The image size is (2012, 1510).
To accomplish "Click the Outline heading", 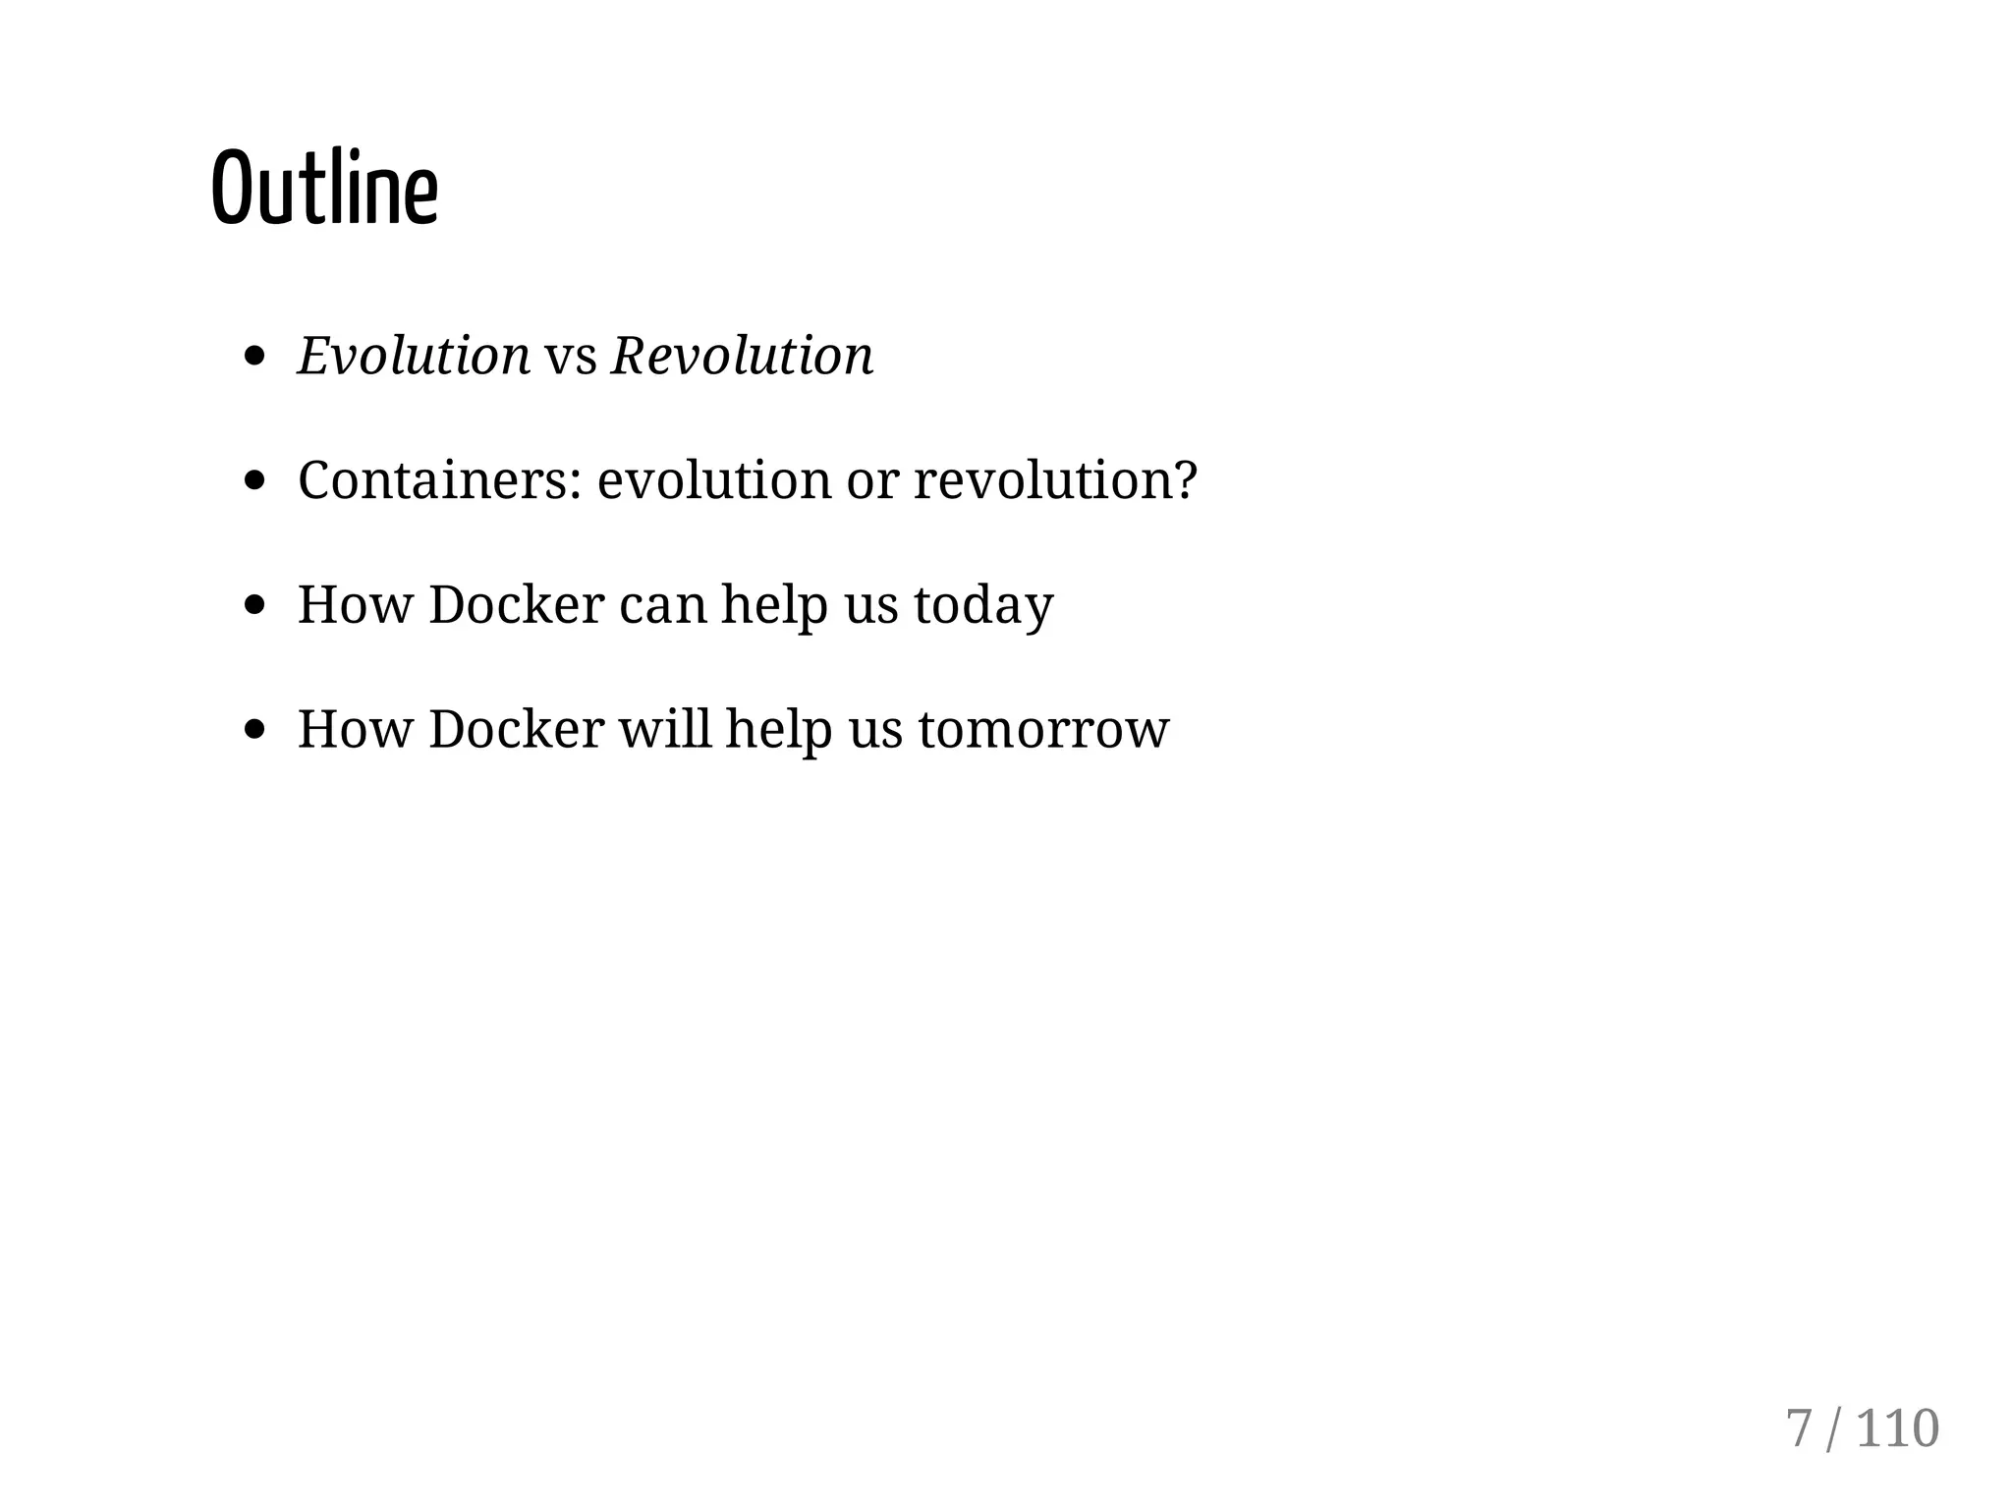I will (x=324, y=188).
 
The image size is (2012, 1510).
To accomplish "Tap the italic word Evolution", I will (x=414, y=356).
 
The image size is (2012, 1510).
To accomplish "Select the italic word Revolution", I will (x=742, y=356).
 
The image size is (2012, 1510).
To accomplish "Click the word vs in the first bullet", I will (x=571, y=358).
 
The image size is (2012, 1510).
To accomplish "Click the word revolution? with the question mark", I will (x=1055, y=480).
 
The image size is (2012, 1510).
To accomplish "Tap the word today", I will (x=983, y=605).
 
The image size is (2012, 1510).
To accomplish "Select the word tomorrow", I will (x=1043, y=730).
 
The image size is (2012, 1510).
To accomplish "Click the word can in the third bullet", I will (x=663, y=606).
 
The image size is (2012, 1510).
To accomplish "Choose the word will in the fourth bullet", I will (x=664, y=729).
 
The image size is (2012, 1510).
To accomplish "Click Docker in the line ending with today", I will (x=516, y=604).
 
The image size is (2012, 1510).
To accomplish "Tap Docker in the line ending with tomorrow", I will (x=516, y=729).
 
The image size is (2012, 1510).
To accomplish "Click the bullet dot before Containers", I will (x=255, y=480).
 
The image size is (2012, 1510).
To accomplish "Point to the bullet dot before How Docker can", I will (x=255, y=605).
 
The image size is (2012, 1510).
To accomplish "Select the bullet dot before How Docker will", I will (x=255, y=730).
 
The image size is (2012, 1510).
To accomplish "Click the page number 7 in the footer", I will (x=1798, y=1428).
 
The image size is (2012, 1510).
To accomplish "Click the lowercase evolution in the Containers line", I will (x=713, y=480).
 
